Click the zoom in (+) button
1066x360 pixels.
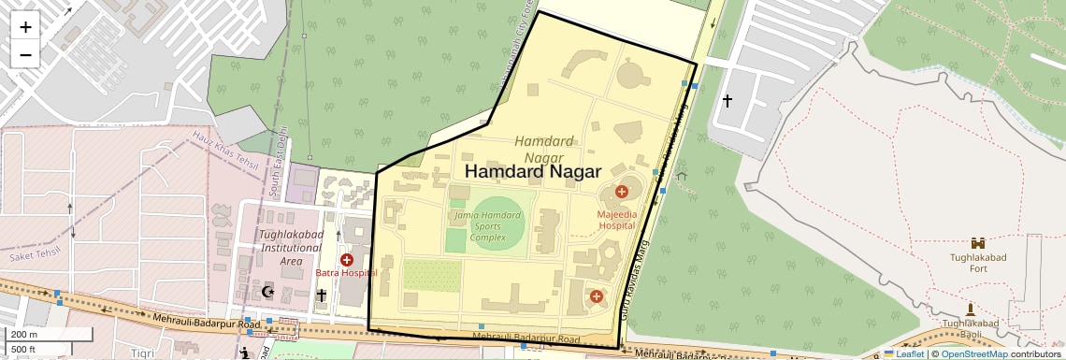25,26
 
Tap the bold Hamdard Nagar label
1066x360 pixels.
531,172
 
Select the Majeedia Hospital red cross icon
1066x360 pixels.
621,193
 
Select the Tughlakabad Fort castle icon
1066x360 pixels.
978,242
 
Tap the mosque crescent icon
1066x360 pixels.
269,293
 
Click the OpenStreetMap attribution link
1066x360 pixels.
973,353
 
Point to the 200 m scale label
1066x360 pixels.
24,335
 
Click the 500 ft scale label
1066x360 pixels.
24,350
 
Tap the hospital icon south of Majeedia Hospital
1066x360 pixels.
597,296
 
